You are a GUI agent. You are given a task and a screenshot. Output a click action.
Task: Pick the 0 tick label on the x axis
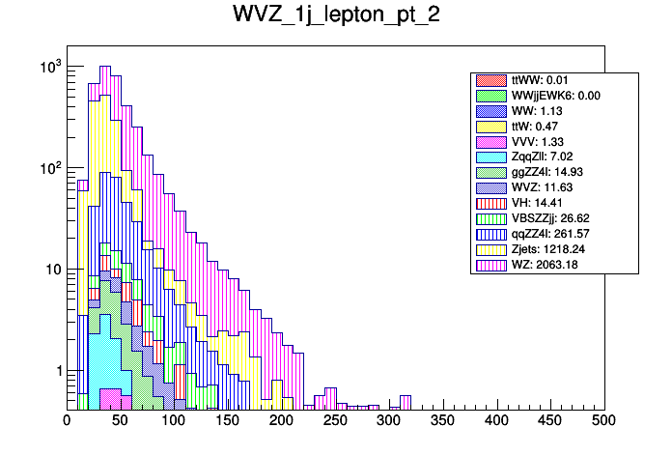click(x=67, y=420)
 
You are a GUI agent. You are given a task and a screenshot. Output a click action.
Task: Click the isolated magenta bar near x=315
click(x=406, y=402)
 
